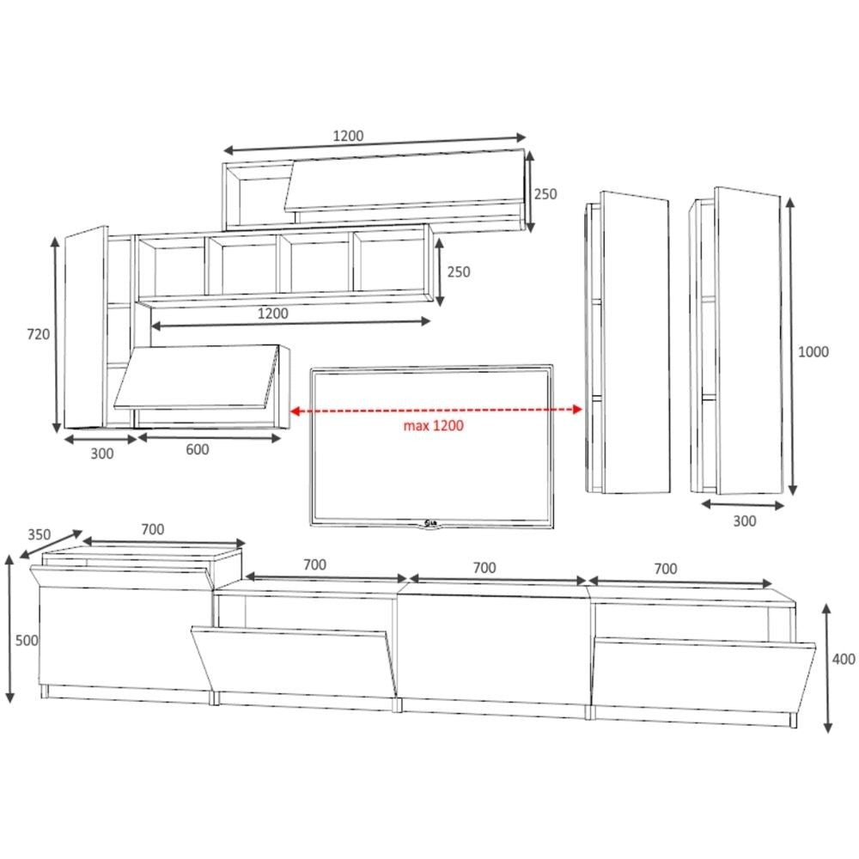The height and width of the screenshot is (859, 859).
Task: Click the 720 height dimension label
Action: [x=39, y=334]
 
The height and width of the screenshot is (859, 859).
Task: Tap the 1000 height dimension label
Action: [x=813, y=351]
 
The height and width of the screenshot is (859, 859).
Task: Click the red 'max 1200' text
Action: [x=433, y=426]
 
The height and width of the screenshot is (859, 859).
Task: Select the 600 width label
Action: [x=198, y=450]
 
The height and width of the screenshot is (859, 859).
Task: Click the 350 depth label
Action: [x=39, y=534]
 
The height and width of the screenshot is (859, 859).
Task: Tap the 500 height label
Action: [x=27, y=641]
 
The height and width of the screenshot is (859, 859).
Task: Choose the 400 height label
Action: [x=844, y=659]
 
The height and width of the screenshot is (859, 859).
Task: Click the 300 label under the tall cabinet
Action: [x=745, y=521]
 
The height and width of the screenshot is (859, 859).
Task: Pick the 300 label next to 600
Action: [x=102, y=454]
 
